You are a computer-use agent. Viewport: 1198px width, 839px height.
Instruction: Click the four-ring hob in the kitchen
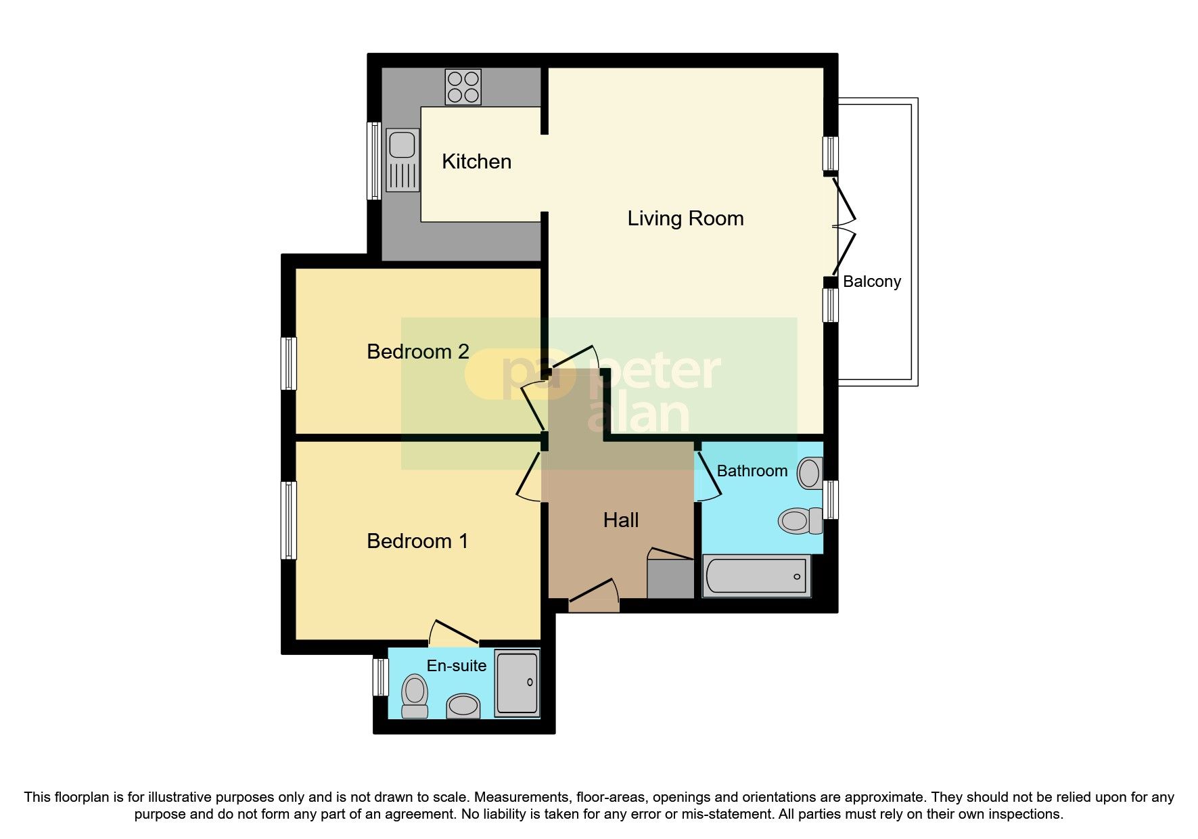463,87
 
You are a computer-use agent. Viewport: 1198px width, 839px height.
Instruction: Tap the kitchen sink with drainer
402,161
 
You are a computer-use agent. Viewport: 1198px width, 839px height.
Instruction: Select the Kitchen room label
476,162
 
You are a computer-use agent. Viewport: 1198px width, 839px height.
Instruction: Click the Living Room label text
685,219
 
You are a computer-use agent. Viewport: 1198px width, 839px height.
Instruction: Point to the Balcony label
871,281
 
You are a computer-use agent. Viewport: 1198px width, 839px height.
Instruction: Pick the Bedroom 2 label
417,352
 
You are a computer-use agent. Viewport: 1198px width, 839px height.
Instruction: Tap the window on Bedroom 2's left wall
289,363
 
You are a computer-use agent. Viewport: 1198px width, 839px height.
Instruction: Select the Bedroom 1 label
417,541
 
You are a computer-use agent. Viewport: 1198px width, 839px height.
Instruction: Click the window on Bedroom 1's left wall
289,520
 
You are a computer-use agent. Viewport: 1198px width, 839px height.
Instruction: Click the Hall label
620,520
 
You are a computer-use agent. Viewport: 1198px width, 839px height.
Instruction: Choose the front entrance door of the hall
594,594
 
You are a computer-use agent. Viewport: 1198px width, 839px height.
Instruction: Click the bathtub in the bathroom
756,576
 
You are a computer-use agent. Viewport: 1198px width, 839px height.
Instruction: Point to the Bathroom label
752,471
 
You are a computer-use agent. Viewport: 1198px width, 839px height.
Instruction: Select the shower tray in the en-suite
517,683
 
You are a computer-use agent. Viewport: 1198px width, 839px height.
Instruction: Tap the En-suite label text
456,666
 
